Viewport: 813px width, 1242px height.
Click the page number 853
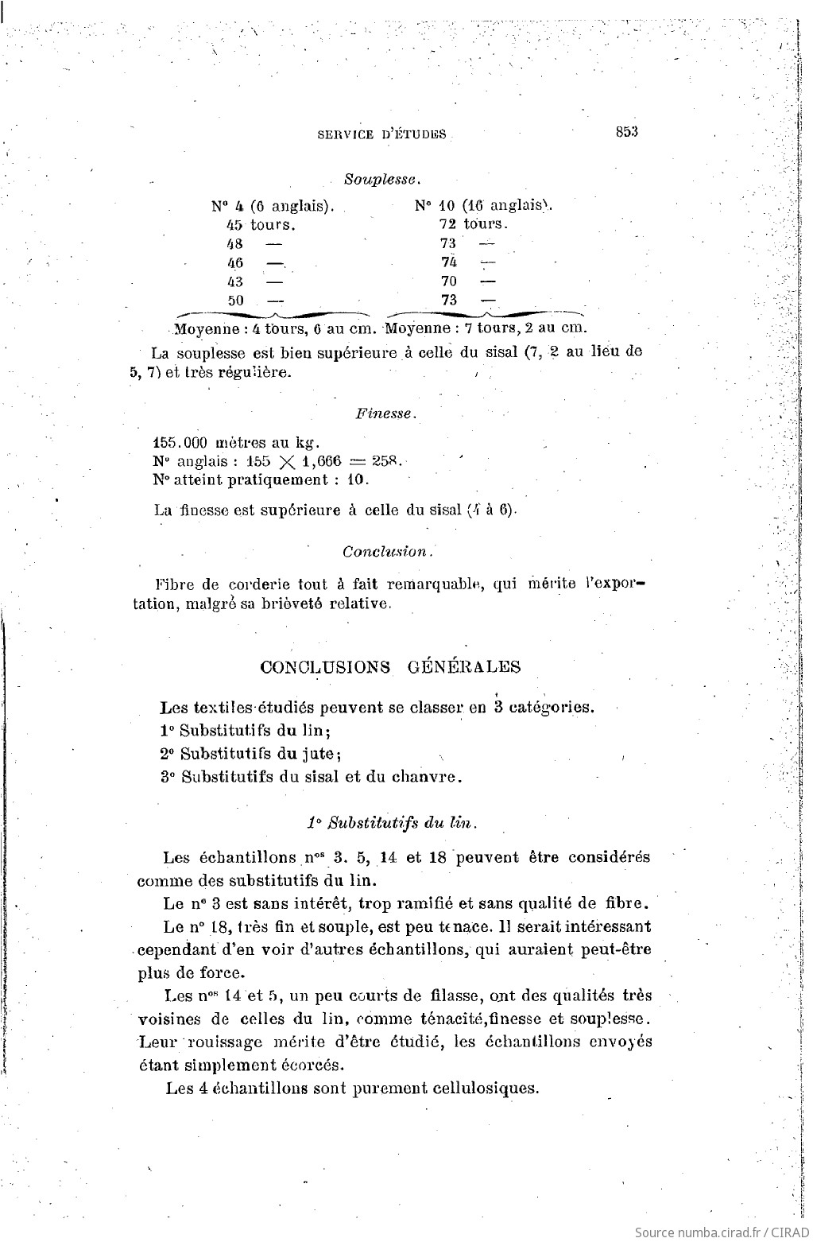click(626, 132)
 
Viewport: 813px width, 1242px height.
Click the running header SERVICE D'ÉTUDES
click(381, 134)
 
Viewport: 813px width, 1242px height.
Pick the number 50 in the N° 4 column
click(236, 301)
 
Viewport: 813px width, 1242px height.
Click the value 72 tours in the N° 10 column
click(473, 224)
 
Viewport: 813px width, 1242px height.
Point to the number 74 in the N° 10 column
click(449, 262)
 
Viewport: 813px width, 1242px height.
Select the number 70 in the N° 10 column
click(449, 281)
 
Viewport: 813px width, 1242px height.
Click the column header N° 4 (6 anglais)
click(272, 206)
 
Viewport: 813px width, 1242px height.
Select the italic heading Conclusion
click(388, 551)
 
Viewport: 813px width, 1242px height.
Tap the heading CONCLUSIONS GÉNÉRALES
click(390, 667)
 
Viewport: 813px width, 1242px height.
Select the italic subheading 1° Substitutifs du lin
click(391, 822)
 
